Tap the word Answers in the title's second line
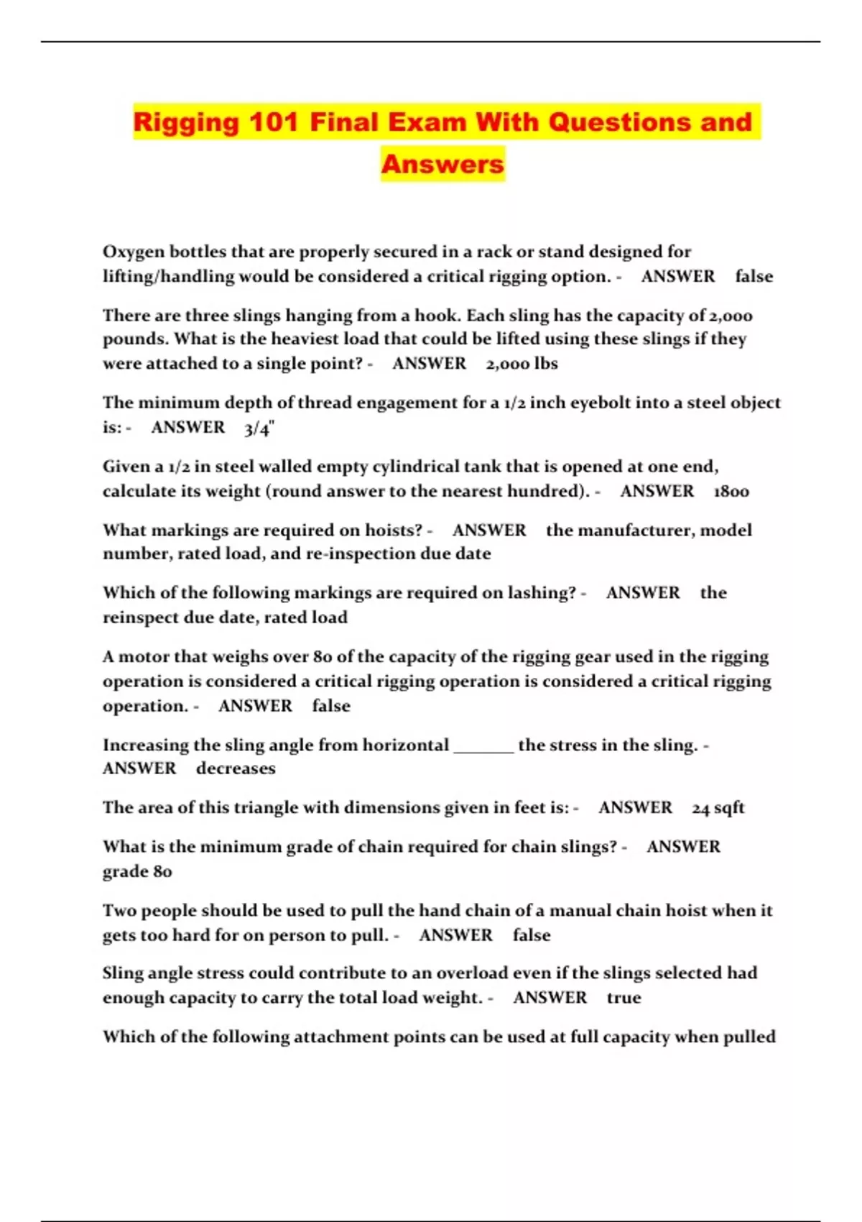click(x=442, y=164)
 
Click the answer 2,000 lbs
click(x=522, y=364)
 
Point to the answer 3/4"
click(x=259, y=428)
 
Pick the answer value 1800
click(x=731, y=492)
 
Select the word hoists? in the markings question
click(x=394, y=530)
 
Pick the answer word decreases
click(x=236, y=769)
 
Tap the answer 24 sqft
click(x=718, y=808)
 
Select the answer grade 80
click(x=137, y=872)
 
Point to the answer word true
click(x=624, y=998)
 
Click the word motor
click(x=141, y=657)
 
